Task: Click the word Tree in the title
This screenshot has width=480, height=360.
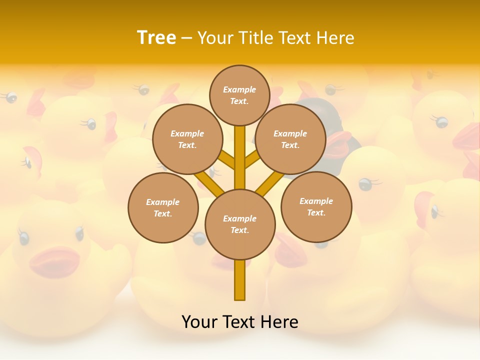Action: coord(156,37)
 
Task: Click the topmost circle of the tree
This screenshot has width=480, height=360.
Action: coord(239,95)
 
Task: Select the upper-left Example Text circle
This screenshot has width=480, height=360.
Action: coord(187,139)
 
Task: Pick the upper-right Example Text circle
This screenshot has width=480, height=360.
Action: coord(290,139)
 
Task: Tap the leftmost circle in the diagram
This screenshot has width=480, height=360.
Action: coord(163,207)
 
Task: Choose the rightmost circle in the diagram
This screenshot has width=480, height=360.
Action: coord(316,206)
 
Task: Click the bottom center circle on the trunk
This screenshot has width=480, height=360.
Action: coord(240,224)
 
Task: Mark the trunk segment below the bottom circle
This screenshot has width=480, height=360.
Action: coord(240,280)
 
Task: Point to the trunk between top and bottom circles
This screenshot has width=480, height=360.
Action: coord(240,157)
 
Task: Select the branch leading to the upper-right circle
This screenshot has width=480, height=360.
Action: coord(252,160)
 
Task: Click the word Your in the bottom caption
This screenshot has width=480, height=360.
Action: coord(199,322)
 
